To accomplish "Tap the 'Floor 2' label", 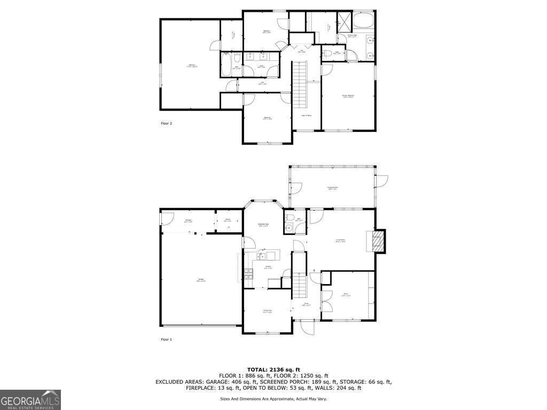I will pos(167,123).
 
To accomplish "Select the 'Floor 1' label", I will pos(167,340).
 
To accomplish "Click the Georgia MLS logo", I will pos(30,400).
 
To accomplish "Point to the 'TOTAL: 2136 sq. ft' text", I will pos(273,369).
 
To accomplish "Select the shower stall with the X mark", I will pos(344,21).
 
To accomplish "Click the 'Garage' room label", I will pos(201,280).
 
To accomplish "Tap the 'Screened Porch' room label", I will pos(332,188).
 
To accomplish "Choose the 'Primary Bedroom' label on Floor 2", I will pos(348,97).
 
